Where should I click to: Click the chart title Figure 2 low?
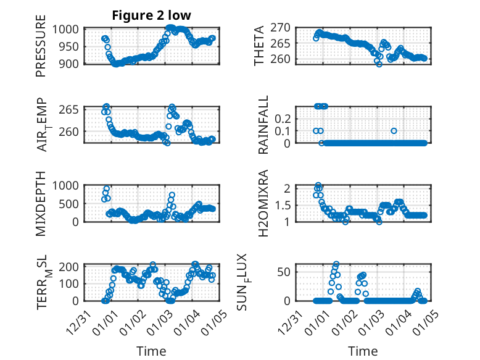(152, 16)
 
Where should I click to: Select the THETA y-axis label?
(259, 46)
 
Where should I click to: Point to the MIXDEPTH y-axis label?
(41, 203)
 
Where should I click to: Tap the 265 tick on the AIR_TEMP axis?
(72, 110)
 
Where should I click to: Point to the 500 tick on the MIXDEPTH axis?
(72, 204)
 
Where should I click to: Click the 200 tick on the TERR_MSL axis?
(72, 267)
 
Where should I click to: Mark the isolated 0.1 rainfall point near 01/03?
(394, 130)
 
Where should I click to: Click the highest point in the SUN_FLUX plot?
(336, 264)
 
